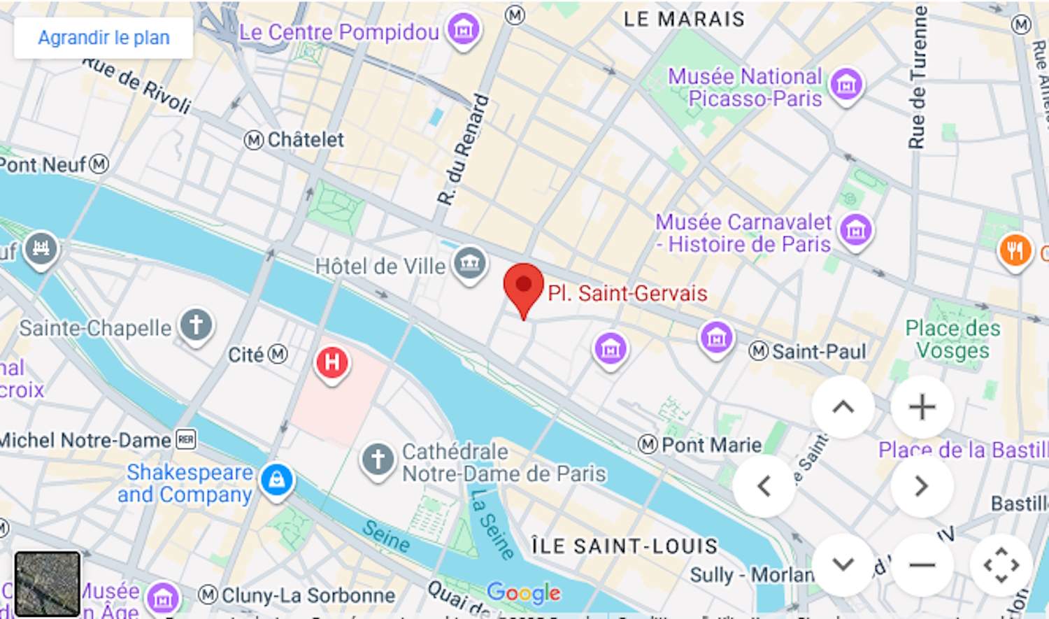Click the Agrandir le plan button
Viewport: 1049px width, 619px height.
[x=104, y=38]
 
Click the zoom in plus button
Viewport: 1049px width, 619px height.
[x=922, y=407]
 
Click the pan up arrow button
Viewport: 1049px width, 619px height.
[x=843, y=407]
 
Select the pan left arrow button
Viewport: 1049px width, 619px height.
[x=764, y=486]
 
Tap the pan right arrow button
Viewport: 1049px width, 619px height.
[x=922, y=486]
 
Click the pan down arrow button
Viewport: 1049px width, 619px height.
[x=843, y=564]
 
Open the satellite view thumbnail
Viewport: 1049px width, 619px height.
[x=48, y=583]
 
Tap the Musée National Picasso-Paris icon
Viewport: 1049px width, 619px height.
[x=846, y=85]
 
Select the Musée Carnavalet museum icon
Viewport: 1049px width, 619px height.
[x=856, y=229]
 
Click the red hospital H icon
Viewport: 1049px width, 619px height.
[x=332, y=362]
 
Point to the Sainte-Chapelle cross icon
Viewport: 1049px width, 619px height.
[x=196, y=325]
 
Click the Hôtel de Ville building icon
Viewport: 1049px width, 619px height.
[x=469, y=263]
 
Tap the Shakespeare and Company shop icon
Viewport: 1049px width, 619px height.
[x=277, y=480]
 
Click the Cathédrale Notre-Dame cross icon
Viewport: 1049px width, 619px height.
[x=378, y=460]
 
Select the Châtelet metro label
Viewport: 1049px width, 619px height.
[x=305, y=140]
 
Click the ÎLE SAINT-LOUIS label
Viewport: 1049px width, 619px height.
[x=625, y=546]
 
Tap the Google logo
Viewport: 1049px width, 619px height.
[x=524, y=592]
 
